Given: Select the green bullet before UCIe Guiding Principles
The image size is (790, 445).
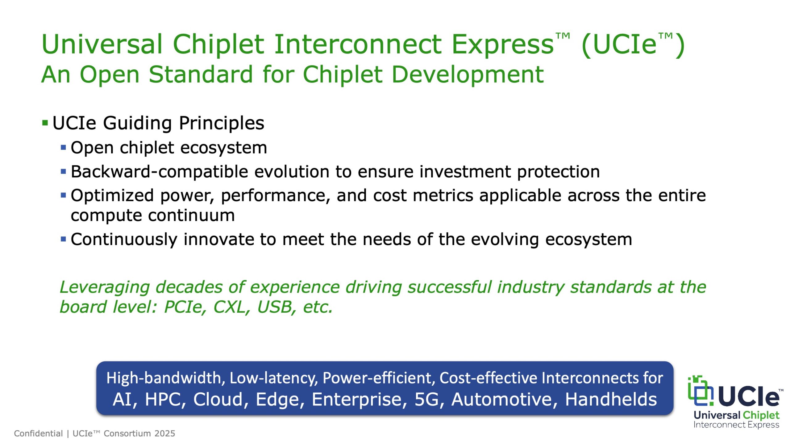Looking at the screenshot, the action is click(45, 123).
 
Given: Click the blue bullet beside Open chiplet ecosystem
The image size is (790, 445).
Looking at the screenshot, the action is click(64, 147).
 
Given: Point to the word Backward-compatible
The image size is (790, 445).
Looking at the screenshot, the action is click(159, 172).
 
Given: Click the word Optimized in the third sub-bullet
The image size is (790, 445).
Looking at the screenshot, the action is click(112, 196).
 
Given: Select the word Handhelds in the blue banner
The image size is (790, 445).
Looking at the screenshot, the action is click(611, 399).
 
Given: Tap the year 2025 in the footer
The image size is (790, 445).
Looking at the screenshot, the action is click(165, 434).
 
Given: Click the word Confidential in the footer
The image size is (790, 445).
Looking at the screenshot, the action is click(38, 434).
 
